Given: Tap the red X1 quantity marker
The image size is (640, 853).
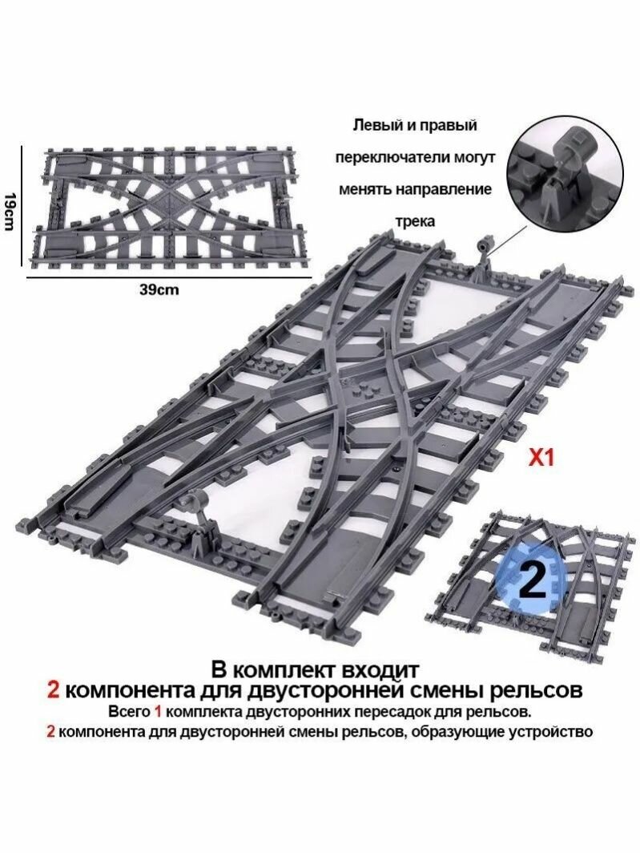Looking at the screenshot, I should [541, 459].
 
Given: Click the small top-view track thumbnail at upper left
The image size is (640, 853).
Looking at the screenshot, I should [163, 207].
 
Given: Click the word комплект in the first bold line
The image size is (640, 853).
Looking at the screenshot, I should [277, 668].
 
